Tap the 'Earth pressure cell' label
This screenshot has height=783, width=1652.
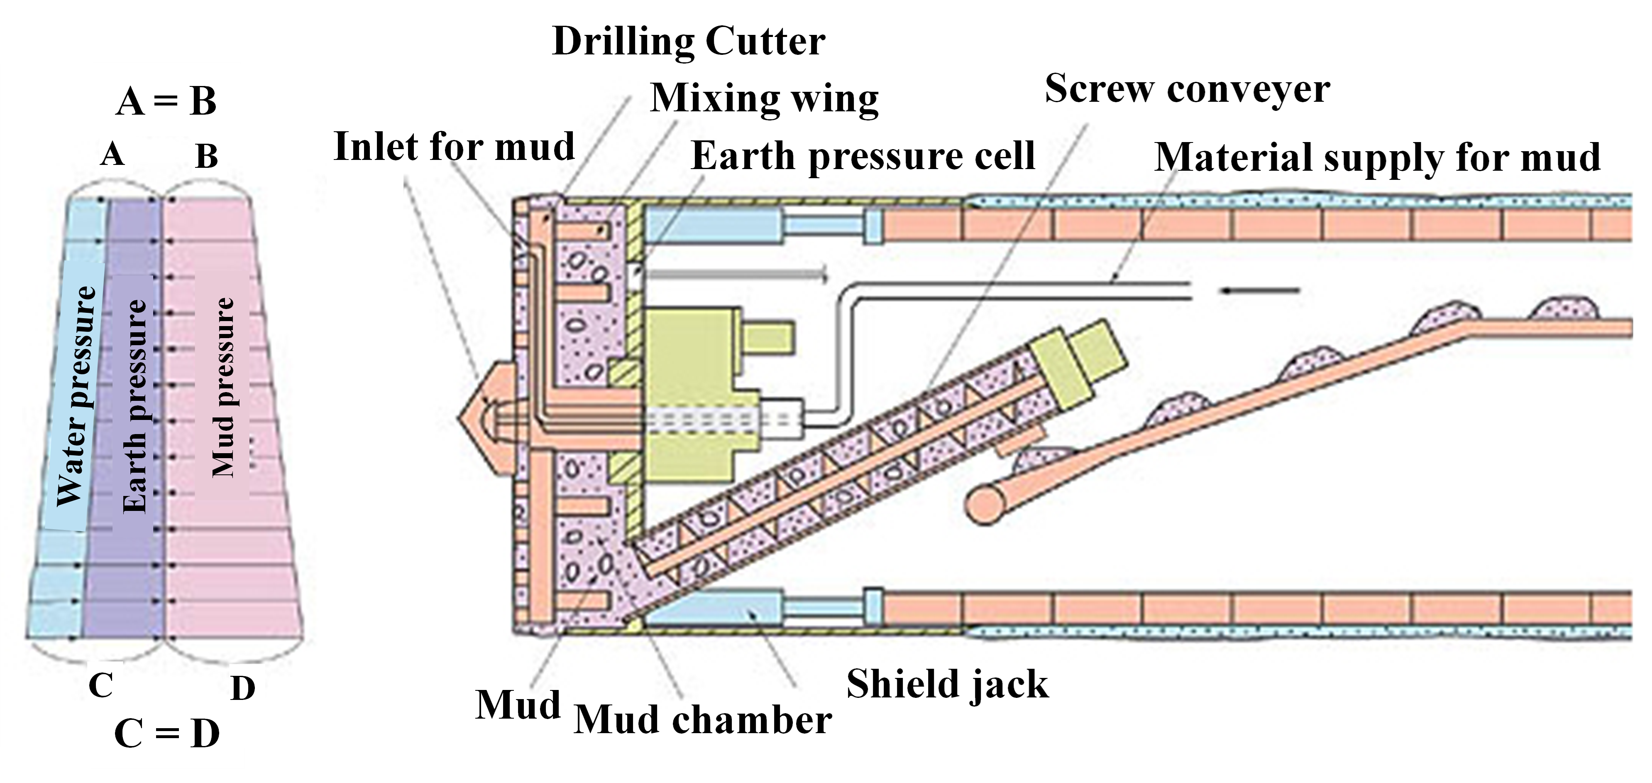pos(863,156)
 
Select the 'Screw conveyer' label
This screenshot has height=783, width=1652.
pos(1187,90)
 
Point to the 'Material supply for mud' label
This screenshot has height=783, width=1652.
pos(1377,157)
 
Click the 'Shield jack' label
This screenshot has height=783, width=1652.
pos(947,684)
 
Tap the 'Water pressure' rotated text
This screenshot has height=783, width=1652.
pos(77,397)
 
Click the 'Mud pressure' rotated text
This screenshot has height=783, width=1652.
pos(223,388)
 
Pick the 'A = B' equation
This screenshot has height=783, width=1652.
pos(166,101)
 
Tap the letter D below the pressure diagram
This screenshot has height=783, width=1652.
pos(242,689)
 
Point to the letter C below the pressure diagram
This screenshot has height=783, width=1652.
pos(101,685)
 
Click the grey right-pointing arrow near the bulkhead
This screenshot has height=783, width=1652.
pos(738,276)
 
